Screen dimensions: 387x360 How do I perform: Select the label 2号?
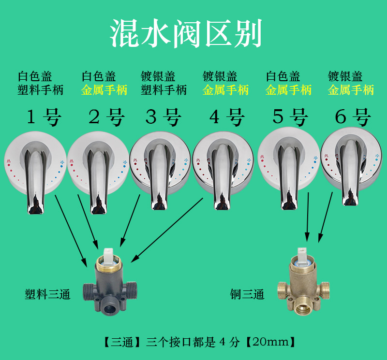tap(106, 117)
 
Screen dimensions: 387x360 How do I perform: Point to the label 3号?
tap(164, 117)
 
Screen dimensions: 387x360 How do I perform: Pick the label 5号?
tap(290, 117)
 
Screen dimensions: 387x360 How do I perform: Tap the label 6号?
tap(353, 117)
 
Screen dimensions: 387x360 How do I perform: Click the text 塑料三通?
tap(48, 294)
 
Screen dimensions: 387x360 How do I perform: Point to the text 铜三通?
tap(248, 294)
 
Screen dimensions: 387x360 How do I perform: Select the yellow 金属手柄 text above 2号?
tap(104, 90)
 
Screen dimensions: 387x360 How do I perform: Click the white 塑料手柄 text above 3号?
tap(164, 90)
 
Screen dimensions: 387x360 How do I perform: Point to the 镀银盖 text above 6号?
tap(345, 76)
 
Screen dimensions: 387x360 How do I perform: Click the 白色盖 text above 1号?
tap(35, 76)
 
